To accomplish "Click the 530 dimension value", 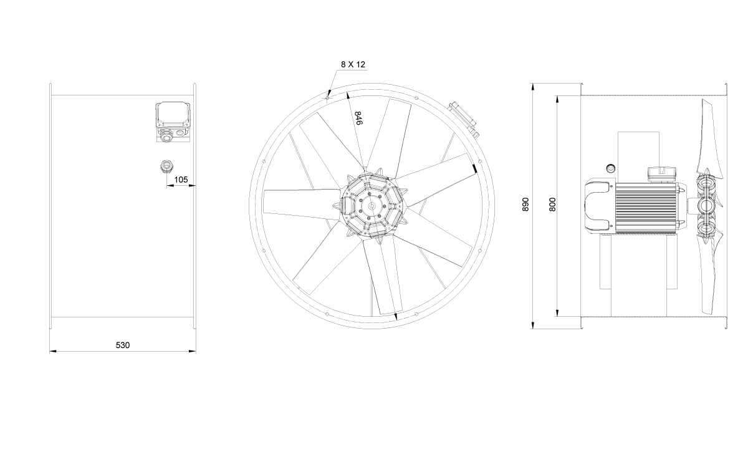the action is click(x=123, y=345).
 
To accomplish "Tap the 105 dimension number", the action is click(x=181, y=180).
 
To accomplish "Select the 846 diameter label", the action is click(x=358, y=118).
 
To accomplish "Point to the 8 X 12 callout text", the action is click(x=353, y=64).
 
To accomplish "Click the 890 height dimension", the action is click(x=525, y=204).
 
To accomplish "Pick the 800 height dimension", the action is click(x=553, y=204).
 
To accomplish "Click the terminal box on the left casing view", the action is click(x=173, y=122).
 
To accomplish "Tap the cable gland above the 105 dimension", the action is click(x=166, y=166).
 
